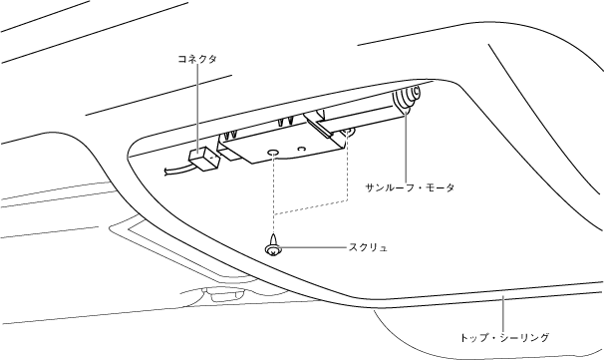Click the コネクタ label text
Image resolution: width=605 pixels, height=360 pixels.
[x=197, y=59]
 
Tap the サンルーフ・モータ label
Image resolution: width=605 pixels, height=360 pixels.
[x=410, y=187]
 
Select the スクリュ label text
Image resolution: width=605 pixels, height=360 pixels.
[x=368, y=247]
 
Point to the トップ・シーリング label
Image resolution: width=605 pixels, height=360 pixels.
[x=504, y=338]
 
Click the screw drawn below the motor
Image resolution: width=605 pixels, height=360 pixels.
[x=273, y=245]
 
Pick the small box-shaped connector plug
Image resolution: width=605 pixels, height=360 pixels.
[x=203, y=159]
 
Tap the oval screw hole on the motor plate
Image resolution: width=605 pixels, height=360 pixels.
[x=273, y=152]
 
